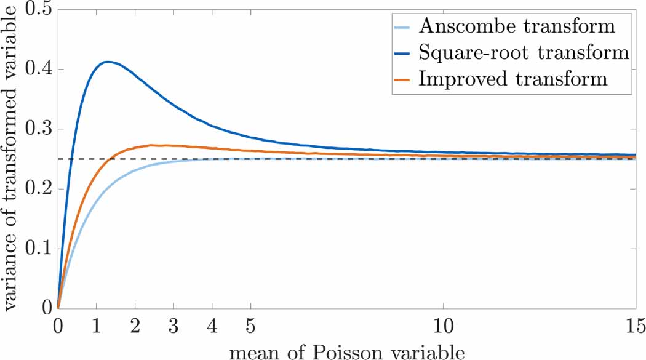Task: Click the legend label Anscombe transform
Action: (516, 26)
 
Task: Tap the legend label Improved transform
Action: (512, 79)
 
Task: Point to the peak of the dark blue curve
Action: (107, 62)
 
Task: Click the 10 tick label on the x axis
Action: (442, 324)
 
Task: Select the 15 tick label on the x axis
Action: (634, 324)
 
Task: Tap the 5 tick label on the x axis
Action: (250, 324)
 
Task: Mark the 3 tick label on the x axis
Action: (173, 324)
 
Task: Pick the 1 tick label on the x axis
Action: (97, 324)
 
